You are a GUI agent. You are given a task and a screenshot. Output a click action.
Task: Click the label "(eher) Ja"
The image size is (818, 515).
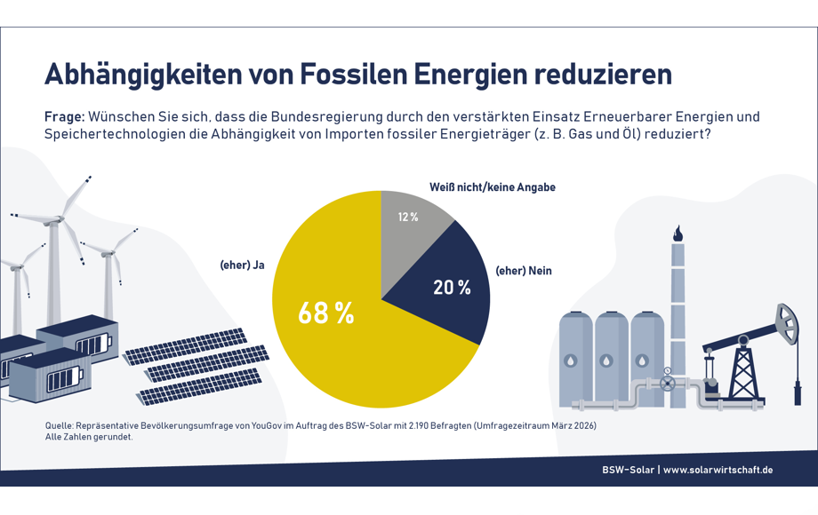click(242, 265)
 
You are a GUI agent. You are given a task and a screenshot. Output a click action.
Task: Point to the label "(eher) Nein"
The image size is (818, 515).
click(524, 271)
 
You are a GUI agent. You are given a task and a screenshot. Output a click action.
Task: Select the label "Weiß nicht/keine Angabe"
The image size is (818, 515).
click(492, 187)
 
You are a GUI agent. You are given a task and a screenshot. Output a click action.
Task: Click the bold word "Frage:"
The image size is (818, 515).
click(64, 117)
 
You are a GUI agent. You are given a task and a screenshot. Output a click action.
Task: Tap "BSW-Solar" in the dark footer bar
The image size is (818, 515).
click(628, 470)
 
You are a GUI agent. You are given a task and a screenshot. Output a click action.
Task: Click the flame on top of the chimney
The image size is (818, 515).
click(678, 233)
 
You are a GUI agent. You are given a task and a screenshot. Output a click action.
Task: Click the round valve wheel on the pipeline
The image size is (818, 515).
click(667, 384)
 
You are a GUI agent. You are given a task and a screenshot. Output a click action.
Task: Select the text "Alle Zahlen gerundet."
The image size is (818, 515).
click(89, 437)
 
